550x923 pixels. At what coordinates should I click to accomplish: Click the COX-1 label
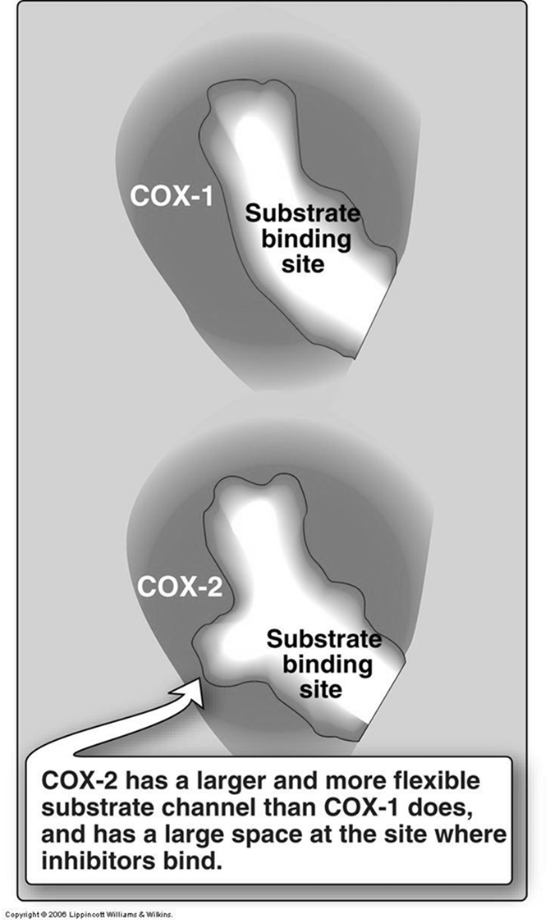pos(171,199)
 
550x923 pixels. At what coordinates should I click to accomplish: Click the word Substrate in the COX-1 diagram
pos(304,215)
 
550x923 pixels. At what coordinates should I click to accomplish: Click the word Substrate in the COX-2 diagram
pos(324,638)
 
